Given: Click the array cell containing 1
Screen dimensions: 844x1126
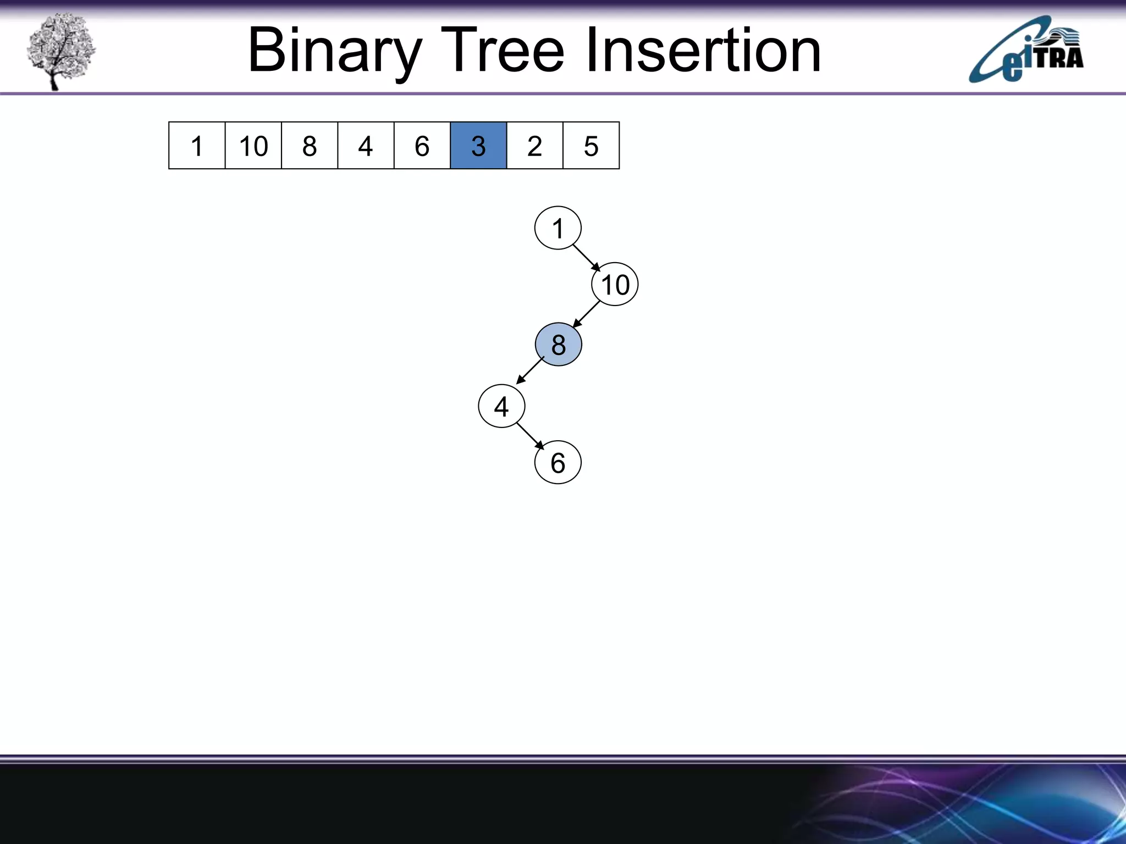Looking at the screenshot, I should [x=197, y=146].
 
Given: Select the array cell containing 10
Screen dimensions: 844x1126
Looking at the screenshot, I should [x=253, y=146].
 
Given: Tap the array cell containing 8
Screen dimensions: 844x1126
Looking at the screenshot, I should [x=310, y=146].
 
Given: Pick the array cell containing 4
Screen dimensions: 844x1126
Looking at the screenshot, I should [x=366, y=146].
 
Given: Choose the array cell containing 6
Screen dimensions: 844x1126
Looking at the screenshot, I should [x=422, y=146].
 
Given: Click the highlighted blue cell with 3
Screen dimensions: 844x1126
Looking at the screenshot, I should [x=478, y=146].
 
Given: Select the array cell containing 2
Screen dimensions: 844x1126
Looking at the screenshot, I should [x=535, y=146].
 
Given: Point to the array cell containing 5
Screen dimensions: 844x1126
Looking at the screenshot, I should [x=591, y=146].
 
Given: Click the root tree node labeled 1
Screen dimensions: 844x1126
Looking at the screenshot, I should [x=558, y=228].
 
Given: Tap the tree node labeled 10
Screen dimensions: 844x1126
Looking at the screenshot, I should [x=615, y=285].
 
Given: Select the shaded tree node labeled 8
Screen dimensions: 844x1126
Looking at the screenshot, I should [x=559, y=345].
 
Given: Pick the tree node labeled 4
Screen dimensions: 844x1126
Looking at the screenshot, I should [x=501, y=407].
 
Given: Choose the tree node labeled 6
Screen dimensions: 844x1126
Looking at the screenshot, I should [x=558, y=463].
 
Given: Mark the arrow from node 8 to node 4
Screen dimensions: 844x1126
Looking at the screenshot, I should [x=530, y=371].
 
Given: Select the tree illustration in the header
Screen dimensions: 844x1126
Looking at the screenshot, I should [x=60, y=51].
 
